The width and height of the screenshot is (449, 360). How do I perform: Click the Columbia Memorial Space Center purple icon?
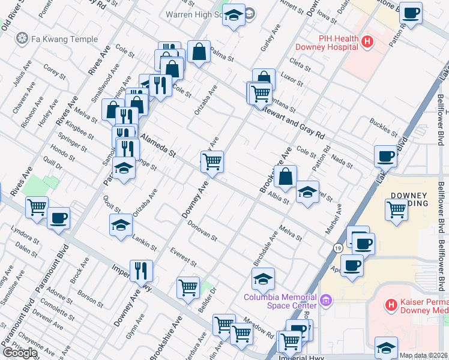pyautogui.click(x=326, y=299)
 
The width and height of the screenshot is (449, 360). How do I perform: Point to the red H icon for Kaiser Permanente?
pyautogui.click(x=391, y=305)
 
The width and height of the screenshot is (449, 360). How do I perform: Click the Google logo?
pyautogui.click(x=20, y=353)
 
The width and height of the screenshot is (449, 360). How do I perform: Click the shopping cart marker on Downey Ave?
pyautogui.click(x=212, y=161)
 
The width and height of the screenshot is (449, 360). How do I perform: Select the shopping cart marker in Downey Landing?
pyautogui.click(x=397, y=210)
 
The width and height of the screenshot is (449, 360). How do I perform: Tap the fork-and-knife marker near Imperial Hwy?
pyautogui.click(x=141, y=271)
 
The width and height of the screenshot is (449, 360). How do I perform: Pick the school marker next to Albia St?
pyautogui.click(x=307, y=192)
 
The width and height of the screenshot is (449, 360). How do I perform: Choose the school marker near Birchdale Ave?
pyautogui.click(x=263, y=278)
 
